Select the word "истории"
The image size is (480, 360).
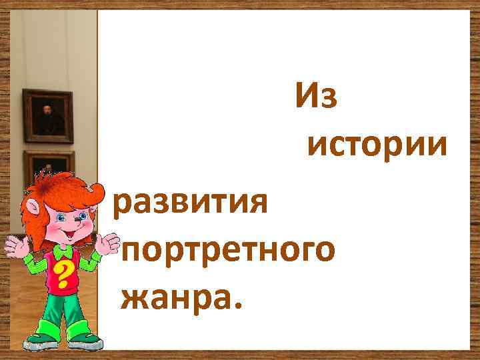[x=377, y=144]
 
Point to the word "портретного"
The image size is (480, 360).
[x=228, y=251]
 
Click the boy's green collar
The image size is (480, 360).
[x=65, y=252]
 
